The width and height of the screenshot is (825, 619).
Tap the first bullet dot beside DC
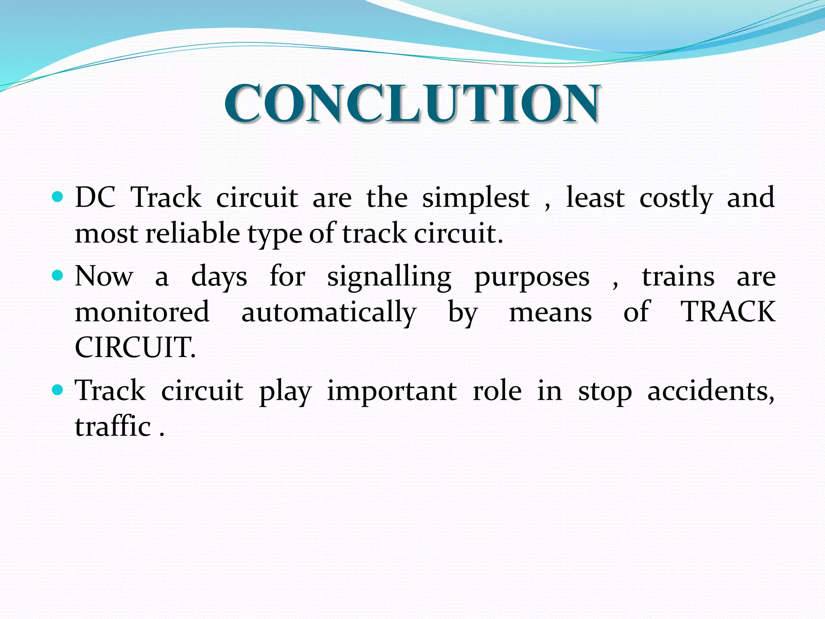58,197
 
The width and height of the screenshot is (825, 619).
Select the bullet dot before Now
58,276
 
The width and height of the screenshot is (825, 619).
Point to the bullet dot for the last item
58,390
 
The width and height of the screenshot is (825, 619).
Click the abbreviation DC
95,197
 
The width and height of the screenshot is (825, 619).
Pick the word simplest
475,198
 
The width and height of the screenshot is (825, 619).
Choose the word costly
676,198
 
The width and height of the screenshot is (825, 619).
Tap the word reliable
193,233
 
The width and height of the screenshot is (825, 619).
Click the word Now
104,276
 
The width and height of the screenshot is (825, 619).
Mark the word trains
678,276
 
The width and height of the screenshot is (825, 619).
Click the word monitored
142,312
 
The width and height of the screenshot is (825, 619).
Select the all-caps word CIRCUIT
135,347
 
